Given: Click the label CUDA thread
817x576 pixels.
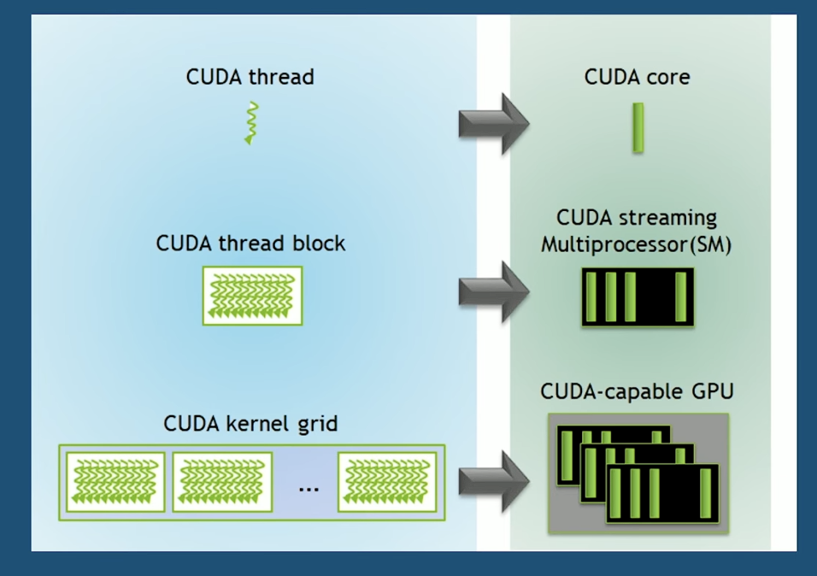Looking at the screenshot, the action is click(x=250, y=77).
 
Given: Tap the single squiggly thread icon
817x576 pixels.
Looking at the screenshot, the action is click(x=251, y=124).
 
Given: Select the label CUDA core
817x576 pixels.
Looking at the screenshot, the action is click(x=637, y=77).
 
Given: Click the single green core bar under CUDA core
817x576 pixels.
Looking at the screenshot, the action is click(x=638, y=128).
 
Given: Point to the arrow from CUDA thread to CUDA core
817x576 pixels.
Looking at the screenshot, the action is click(x=493, y=124).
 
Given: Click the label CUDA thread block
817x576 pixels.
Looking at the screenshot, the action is click(x=250, y=244).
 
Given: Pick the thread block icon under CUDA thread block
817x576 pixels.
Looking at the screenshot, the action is click(x=252, y=296).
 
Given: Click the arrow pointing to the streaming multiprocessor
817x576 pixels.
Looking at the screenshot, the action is click(x=493, y=292).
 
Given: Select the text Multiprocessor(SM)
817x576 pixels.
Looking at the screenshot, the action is click(x=636, y=244).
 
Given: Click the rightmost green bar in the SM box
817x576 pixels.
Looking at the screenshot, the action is click(x=680, y=297).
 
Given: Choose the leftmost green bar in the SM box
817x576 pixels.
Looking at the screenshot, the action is click(x=591, y=297).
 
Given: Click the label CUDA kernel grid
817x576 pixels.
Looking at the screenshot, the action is click(x=250, y=424).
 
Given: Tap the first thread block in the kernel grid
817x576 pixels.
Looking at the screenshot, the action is click(x=115, y=482).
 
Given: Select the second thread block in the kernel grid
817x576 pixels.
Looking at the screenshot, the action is click(x=222, y=482).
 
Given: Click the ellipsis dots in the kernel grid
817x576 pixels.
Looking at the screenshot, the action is click(x=309, y=490).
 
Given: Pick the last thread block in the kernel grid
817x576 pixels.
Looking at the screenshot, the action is click(x=387, y=482).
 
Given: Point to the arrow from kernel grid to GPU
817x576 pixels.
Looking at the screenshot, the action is click(x=493, y=482).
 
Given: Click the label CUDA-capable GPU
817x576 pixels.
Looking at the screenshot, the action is click(x=637, y=391).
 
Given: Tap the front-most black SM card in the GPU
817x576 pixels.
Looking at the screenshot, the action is click(x=663, y=493).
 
